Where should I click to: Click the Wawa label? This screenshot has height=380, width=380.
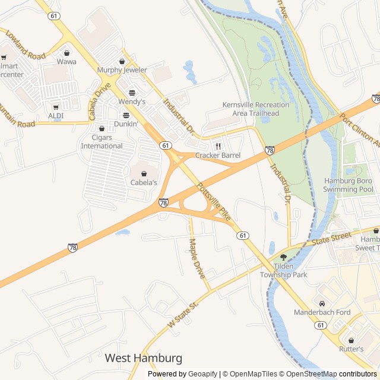click(66, 61)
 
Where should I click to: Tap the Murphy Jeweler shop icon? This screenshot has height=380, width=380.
click(122, 61)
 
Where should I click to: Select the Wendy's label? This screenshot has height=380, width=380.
click(132, 102)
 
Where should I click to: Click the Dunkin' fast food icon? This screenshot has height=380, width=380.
click(126, 115)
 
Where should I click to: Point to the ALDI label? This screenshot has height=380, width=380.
click(56, 115)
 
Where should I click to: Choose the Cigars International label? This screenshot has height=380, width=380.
click(102, 142)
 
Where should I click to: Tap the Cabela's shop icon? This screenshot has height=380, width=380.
click(144, 173)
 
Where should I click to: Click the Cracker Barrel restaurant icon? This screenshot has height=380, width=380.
click(218, 146)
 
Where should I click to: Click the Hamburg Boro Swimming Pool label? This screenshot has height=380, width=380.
click(349, 185)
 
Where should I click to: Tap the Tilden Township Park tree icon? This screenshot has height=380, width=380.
click(283, 257)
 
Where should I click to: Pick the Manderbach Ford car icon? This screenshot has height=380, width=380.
click(322, 303)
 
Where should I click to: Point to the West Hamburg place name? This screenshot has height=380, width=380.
click(144, 358)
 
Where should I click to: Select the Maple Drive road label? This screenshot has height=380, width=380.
click(197, 258)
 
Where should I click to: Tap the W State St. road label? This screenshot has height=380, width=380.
click(182, 315)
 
